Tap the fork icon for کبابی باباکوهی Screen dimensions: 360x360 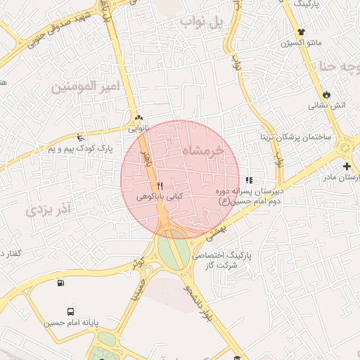click(161, 185)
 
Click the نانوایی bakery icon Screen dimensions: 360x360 click(139, 118)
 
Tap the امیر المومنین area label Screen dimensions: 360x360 click(86, 87)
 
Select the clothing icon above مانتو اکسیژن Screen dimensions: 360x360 click(302, 32)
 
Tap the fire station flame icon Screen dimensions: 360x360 click(326, 94)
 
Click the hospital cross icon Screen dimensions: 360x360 click(347, 166)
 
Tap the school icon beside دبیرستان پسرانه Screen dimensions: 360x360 click(249, 181)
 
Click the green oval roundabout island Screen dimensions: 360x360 click(169, 249)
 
